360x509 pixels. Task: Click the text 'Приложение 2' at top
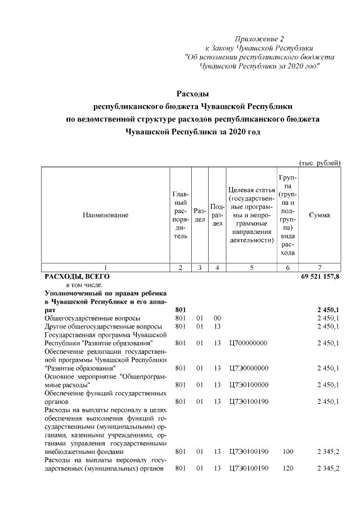(x=259, y=39)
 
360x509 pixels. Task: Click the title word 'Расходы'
(x=193, y=93)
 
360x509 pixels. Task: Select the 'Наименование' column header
(x=105, y=215)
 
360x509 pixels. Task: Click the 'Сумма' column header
(x=319, y=215)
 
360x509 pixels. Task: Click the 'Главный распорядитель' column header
(x=180, y=215)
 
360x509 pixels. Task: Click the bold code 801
(x=180, y=310)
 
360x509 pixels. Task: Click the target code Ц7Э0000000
(x=249, y=368)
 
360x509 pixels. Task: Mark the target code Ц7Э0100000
(x=249, y=385)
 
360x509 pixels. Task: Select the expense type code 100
(x=288, y=451)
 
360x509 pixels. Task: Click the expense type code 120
(x=288, y=468)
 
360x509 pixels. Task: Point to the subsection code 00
(x=217, y=318)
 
